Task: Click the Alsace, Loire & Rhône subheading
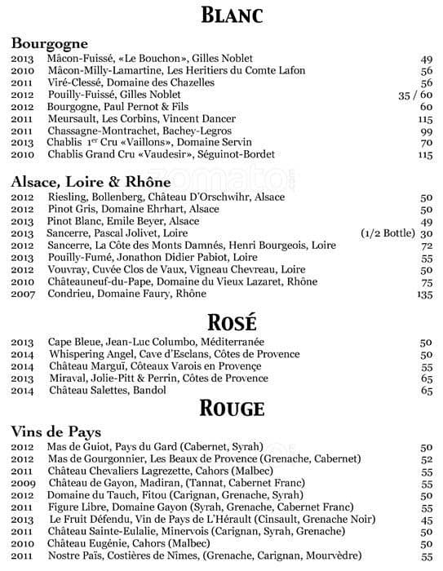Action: (x=91, y=182)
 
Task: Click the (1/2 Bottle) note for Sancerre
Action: (x=386, y=233)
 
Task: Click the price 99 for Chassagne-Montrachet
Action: (x=425, y=131)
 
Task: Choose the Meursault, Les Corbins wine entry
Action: (x=130, y=119)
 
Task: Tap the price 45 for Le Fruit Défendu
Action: (x=425, y=520)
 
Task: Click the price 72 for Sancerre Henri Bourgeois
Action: (x=425, y=245)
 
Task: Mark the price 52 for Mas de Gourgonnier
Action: (x=425, y=460)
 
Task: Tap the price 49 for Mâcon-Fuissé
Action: (x=425, y=59)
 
